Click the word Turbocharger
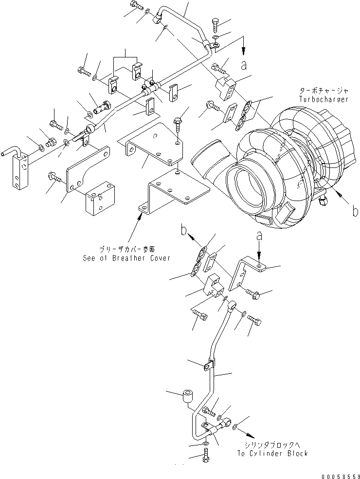tap(324, 99)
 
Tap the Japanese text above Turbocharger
tap(324, 91)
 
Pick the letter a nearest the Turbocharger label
tap(244, 63)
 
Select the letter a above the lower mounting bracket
tap(259, 236)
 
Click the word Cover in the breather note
tap(159, 258)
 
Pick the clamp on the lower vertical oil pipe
tap(209, 365)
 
